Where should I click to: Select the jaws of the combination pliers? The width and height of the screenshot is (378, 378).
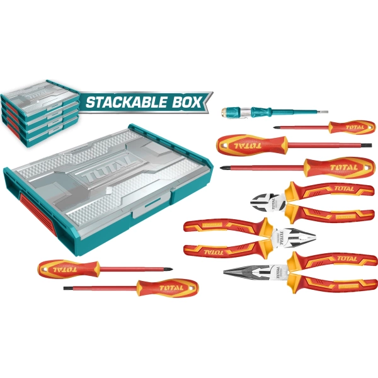click(296, 236)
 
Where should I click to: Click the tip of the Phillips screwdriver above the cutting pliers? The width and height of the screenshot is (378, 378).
click(222, 167)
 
